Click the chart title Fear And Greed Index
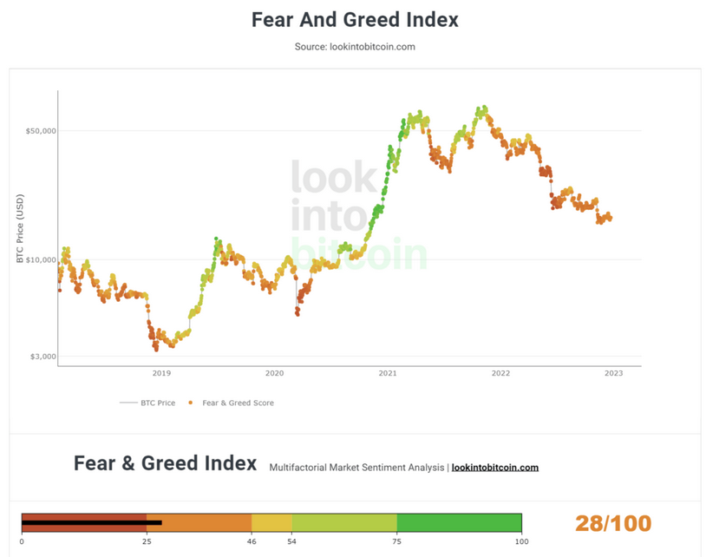point(355,19)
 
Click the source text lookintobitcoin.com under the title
point(355,47)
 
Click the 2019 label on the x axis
point(161,374)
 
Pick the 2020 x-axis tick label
point(274,374)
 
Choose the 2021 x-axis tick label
point(388,374)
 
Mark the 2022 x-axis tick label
point(500,374)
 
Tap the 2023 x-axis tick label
point(613,374)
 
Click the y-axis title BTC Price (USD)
point(20,229)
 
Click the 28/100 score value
point(612,523)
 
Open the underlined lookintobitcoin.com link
point(494,468)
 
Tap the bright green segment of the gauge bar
point(459,522)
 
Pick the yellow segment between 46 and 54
point(271,522)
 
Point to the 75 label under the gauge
point(396,541)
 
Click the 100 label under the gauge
point(521,541)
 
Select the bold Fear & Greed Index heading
point(165,463)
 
